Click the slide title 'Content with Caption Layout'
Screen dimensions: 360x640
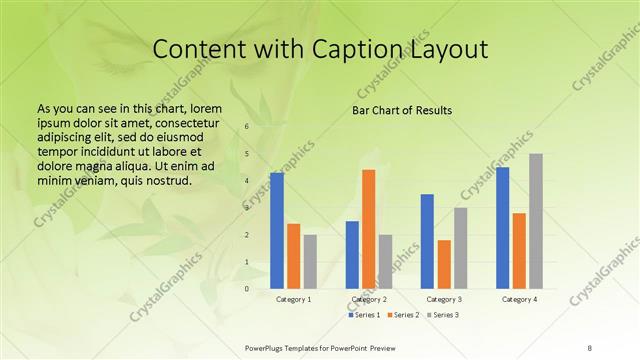coord(319,49)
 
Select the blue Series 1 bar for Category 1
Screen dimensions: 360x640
coord(277,230)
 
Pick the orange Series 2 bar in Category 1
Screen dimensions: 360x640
coord(293,256)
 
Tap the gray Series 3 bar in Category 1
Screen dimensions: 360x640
coord(310,261)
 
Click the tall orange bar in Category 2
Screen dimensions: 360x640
coord(369,228)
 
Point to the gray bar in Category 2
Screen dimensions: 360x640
coord(386,261)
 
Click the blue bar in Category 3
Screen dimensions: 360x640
coord(427,241)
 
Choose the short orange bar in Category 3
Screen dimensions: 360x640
coord(444,264)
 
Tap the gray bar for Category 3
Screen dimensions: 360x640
coord(461,248)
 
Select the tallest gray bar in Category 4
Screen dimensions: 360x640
coord(536,221)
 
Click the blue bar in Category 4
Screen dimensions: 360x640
coord(502,227)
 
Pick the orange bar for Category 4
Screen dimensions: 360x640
coord(519,250)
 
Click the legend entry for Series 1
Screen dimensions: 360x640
coord(365,315)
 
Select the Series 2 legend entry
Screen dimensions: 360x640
coord(403,315)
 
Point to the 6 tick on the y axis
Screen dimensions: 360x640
coord(247,127)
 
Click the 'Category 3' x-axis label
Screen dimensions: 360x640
coord(444,300)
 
